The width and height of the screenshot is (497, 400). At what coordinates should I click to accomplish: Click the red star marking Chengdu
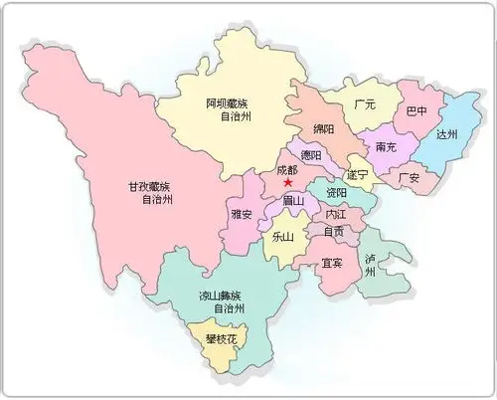tap(287, 183)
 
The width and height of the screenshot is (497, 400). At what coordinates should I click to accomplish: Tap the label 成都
tap(288, 169)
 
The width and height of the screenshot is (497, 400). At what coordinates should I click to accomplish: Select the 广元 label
tap(365, 104)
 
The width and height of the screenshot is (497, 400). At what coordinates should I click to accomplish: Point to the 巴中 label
tap(417, 111)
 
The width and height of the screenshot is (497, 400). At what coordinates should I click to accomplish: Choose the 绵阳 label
tap(324, 129)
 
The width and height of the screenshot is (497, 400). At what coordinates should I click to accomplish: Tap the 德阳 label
tap(311, 155)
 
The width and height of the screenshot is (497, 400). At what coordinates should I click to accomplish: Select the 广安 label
tap(409, 177)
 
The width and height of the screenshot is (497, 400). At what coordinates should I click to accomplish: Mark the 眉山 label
tap(292, 203)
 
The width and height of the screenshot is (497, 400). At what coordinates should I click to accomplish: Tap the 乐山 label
tap(281, 238)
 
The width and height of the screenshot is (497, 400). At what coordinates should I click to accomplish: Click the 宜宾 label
tap(333, 264)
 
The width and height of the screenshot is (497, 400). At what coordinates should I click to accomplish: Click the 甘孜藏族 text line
tap(157, 185)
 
